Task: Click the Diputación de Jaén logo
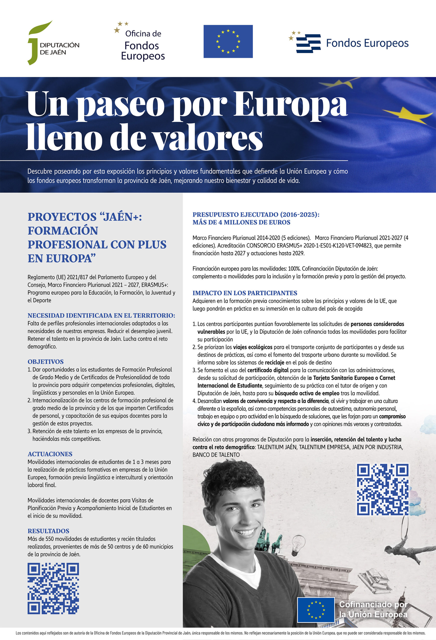click(53, 43)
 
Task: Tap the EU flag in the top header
click(228, 41)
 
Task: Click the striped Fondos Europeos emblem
click(308, 43)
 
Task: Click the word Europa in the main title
click(290, 105)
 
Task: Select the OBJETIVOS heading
click(46, 361)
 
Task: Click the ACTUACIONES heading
click(50, 454)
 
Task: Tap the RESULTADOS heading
click(48, 531)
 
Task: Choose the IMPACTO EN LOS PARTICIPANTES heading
click(245, 293)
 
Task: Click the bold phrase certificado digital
click(268, 370)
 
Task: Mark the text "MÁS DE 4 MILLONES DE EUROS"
click(241, 222)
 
